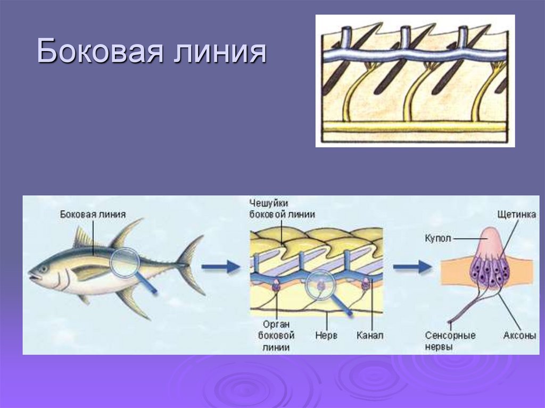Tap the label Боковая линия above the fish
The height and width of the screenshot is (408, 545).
pyautogui.click(x=93, y=214)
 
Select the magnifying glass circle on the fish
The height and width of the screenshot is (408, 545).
pyautogui.click(x=125, y=263)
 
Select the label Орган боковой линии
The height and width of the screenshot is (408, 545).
pyautogui.click(x=276, y=336)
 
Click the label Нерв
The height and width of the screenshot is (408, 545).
pyautogui.click(x=326, y=336)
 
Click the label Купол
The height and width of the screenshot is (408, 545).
pyautogui.click(x=438, y=238)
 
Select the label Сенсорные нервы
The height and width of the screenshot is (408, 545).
pyautogui.click(x=450, y=341)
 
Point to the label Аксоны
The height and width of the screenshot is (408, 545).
pyautogui.click(x=518, y=336)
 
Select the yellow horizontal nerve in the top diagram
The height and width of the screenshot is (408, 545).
pyautogui.click(x=415, y=127)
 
